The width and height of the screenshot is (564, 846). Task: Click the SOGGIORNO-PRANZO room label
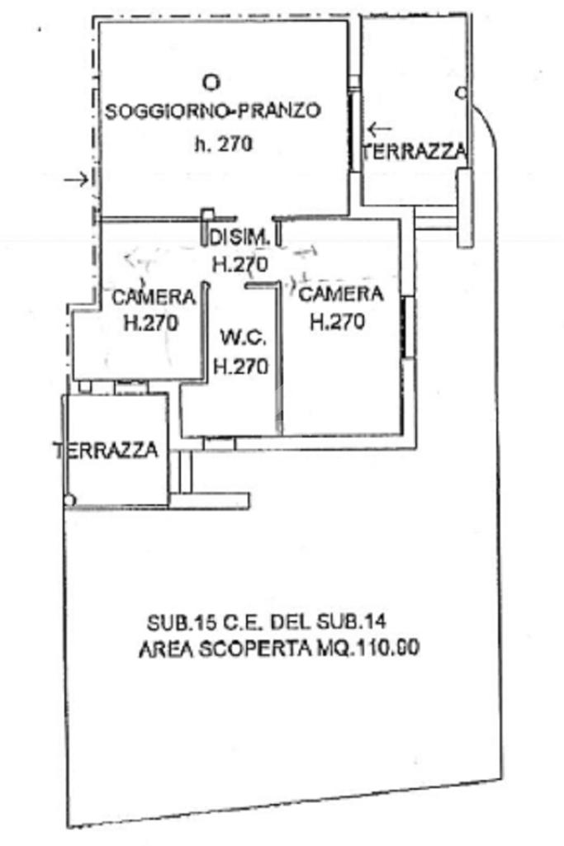pos(212,111)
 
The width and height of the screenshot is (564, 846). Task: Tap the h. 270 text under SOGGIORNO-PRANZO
pos(222,144)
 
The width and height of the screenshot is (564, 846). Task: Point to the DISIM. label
pos(239,237)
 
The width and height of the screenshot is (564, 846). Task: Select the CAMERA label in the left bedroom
pos(154,296)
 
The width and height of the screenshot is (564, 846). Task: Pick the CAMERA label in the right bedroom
pos(340,294)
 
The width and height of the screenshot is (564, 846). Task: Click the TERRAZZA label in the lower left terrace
pos(107,450)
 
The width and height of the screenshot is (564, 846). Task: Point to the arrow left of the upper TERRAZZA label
pos(380,129)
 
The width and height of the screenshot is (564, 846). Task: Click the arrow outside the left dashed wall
pos(76,179)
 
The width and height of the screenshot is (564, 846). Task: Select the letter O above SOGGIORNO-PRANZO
pos(212,82)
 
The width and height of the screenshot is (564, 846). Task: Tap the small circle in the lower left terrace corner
pos(70,499)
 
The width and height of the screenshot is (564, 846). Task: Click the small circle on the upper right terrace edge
pos(461,93)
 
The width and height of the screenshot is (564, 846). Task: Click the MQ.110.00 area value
pos(370,649)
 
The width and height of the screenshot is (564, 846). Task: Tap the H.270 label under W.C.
pos(241,366)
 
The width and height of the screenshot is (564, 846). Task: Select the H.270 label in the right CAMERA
pos(337,323)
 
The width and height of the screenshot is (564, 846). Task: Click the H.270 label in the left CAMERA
pos(150,324)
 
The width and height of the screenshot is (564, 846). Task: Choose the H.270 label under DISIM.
pos(240,265)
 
